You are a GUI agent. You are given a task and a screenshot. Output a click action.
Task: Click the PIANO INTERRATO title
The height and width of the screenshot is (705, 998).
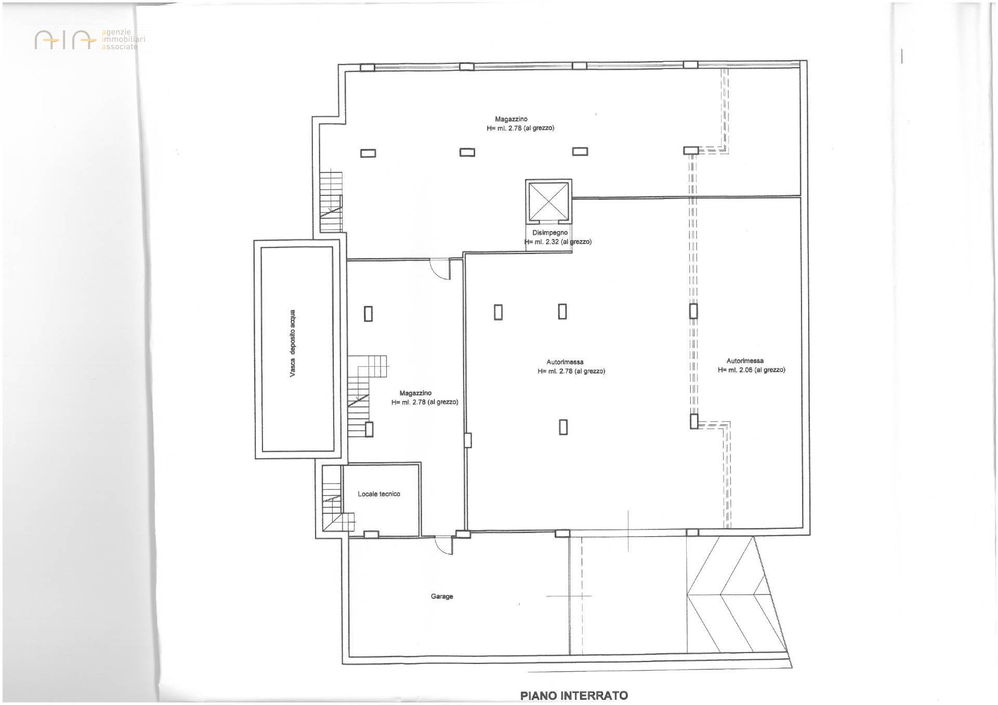[x=574, y=695]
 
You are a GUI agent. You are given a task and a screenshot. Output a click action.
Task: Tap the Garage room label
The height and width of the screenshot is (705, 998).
[x=442, y=596]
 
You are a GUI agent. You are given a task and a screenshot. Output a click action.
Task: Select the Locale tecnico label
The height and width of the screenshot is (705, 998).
[x=379, y=494]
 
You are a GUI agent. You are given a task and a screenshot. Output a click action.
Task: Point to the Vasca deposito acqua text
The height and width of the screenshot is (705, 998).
[x=293, y=343]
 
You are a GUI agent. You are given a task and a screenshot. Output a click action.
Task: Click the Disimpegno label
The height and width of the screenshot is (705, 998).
[x=550, y=233]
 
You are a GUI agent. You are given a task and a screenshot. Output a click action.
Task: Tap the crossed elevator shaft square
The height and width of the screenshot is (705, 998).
[x=548, y=201]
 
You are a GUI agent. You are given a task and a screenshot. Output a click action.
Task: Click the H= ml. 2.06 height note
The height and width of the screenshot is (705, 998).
[x=751, y=370]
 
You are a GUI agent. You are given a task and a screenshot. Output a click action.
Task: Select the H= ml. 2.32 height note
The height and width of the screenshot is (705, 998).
[x=558, y=242]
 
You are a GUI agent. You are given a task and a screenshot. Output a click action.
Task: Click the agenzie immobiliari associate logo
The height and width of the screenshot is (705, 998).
[x=90, y=39]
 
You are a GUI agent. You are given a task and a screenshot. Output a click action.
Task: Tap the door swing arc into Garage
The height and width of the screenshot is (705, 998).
[x=443, y=547]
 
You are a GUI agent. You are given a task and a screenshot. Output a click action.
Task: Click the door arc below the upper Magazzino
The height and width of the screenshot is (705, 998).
[x=440, y=270]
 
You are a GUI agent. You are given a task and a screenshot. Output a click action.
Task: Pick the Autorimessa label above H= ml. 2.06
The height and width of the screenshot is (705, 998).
[x=745, y=361]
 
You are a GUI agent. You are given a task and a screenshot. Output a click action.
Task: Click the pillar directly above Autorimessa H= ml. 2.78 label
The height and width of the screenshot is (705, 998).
[x=562, y=311]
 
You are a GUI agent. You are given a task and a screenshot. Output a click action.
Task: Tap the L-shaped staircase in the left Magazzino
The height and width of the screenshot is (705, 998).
[x=363, y=395]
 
